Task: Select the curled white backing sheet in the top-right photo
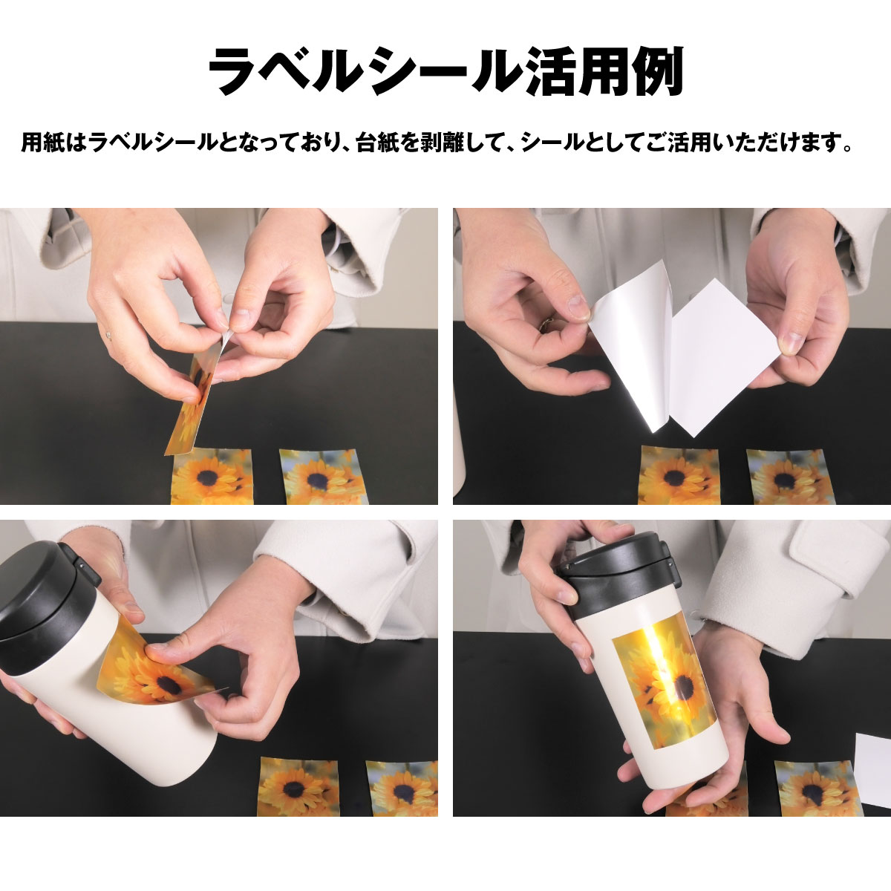[631, 364]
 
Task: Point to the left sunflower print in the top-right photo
[679, 476]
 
